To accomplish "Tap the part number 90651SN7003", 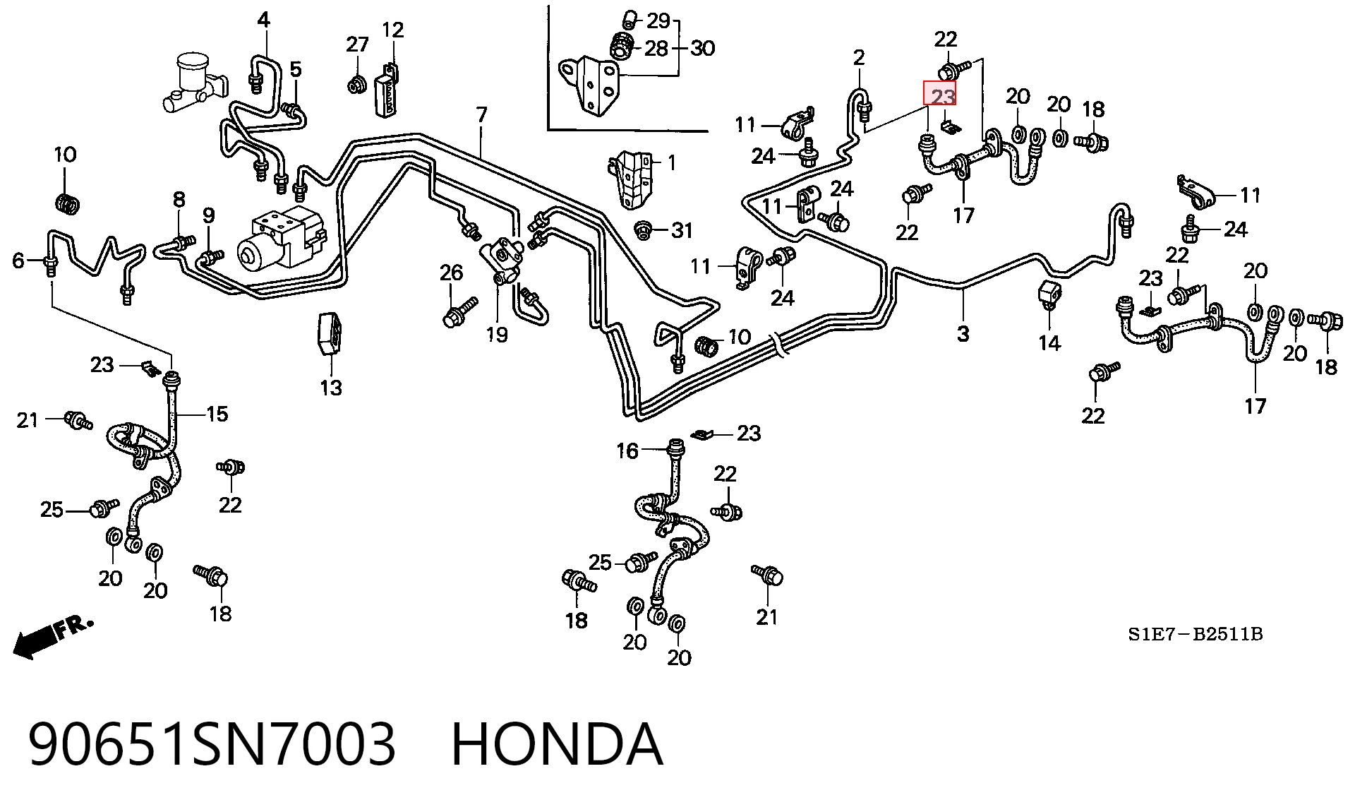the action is [x=212, y=745].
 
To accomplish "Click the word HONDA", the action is [x=557, y=745].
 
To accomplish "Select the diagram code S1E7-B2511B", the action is [x=1195, y=634].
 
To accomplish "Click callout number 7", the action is [x=481, y=114].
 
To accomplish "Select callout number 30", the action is [x=702, y=48].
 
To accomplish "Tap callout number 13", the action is [x=331, y=388].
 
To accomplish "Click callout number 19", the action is [x=497, y=334].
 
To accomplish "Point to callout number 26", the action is [x=451, y=273].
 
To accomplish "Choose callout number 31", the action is [x=682, y=230].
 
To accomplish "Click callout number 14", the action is [x=1049, y=343].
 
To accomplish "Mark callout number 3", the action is [x=963, y=333].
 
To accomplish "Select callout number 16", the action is [x=627, y=450].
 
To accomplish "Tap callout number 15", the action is [x=217, y=414].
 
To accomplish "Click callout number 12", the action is [x=392, y=30].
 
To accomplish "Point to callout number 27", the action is [x=357, y=44].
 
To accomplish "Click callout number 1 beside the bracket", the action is [x=672, y=163].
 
